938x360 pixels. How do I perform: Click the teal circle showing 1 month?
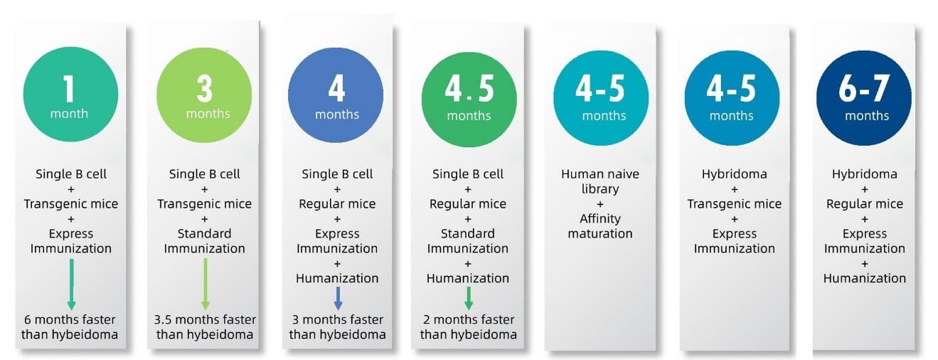[70, 95]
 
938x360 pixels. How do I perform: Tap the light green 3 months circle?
[204, 95]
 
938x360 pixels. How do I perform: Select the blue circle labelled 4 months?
[336, 95]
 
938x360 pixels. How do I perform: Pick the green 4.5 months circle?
[469, 100]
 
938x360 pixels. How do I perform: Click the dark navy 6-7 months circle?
[864, 98]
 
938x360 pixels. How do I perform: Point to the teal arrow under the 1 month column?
[72, 285]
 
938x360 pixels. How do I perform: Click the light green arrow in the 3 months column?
[206, 284]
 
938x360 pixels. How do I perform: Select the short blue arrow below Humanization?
[338, 298]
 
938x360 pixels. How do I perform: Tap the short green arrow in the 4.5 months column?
[469, 298]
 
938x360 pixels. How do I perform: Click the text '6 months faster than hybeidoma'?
[70, 327]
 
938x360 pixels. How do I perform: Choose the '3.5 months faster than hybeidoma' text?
[205, 327]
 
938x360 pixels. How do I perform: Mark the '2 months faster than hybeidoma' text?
[469, 327]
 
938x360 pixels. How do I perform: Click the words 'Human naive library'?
[600, 181]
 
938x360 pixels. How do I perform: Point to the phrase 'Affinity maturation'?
[600, 226]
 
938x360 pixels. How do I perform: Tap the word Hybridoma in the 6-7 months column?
[864, 174]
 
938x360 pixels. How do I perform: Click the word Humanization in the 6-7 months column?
[864, 278]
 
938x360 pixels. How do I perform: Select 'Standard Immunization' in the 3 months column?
[204, 241]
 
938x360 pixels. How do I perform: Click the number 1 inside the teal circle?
[69, 88]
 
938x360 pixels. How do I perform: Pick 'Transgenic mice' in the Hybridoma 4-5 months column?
[734, 204]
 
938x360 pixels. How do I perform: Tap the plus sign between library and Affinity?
[600, 204]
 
